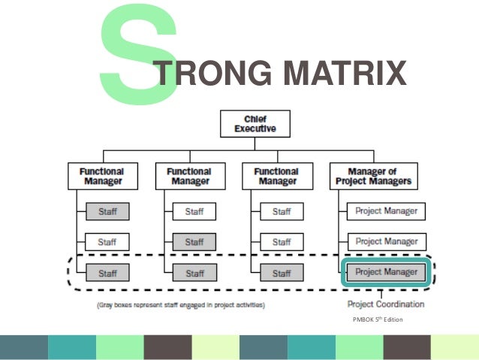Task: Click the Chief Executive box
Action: click(x=255, y=123)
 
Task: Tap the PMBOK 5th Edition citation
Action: click(x=377, y=320)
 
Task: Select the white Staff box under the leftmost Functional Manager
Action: click(x=107, y=242)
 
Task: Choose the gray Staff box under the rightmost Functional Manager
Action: click(x=281, y=271)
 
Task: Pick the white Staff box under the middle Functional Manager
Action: click(x=194, y=211)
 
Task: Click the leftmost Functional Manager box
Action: click(x=101, y=177)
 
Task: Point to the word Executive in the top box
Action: click(x=255, y=129)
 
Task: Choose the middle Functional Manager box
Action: click(x=188, y=177)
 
